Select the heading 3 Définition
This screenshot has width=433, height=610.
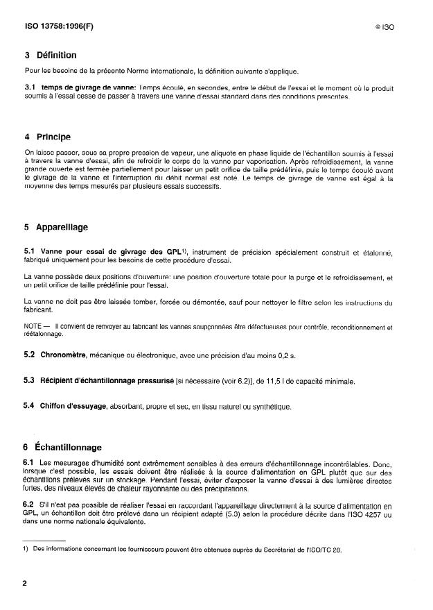(51, 56)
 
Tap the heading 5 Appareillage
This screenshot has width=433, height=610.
(56, 227)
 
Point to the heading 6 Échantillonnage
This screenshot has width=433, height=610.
(63, 448)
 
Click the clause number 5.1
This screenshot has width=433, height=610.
(29, 252)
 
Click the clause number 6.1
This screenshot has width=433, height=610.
(29, 463)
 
